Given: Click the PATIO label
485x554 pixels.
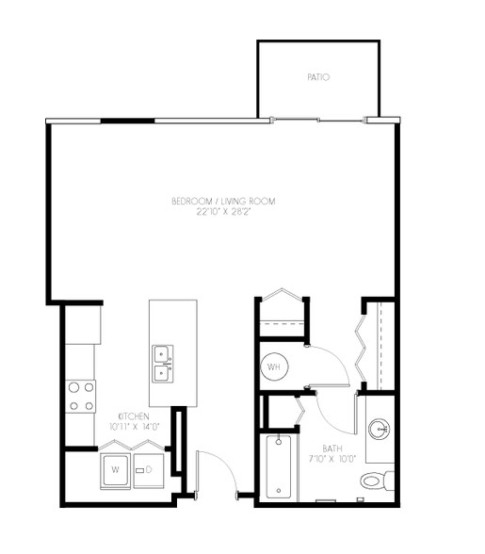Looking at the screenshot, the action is click(x=318, y=77).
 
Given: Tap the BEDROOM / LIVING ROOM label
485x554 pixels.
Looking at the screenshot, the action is click(x=223, y=202).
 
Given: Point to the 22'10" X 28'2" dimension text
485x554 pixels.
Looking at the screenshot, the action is click(x=223, y=212).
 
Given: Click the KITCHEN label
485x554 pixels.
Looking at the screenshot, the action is click(x=134, y=416).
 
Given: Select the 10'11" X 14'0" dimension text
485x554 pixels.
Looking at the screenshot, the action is click(x=135, y=427).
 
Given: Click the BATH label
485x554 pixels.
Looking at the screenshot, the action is click(x=332, y=448).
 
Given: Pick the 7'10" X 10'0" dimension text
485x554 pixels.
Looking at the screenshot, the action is click(x=332, y=459).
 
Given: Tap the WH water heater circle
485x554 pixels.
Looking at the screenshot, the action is click(x=274, y=367).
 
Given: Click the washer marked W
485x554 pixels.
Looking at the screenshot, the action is click(x=115, y=471).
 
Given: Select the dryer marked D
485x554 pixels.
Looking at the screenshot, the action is click(x=149, y=471).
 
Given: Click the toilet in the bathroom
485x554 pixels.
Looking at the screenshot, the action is click(x=377, y=481).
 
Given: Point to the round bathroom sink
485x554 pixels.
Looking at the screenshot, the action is click(x=379, y=430).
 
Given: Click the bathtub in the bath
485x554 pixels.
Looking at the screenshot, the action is click(x=279, y=466).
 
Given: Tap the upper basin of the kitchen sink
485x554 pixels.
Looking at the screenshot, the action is click(x=162, y=354).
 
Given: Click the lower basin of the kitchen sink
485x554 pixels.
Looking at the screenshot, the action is click(x=162, y=373).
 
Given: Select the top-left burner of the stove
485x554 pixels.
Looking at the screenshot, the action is click(x=73, y=387).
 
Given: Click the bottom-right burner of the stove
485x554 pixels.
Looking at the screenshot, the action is click(x=89, y=406).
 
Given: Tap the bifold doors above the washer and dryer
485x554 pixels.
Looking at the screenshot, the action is click(x=132, y=445).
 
